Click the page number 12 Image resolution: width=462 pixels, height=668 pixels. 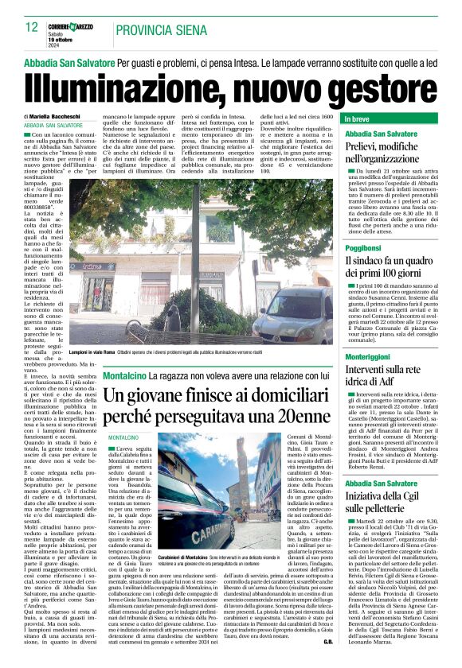tap(32, 28)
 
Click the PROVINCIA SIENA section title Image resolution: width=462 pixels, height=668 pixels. tap(159, 31)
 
